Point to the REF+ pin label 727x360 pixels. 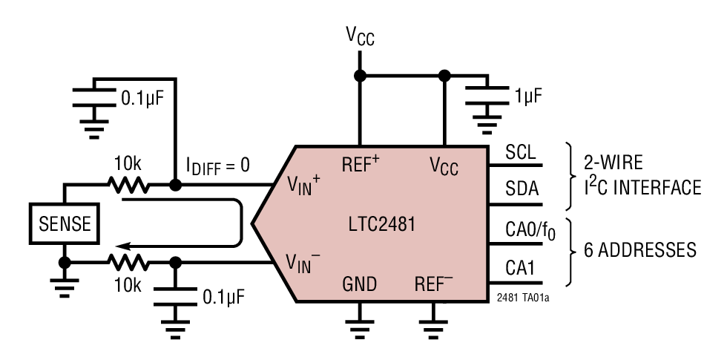click(361, 164)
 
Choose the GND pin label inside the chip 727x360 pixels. click(359, 285)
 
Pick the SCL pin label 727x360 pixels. click(521, 152)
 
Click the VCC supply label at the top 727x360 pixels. click(360, 36)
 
